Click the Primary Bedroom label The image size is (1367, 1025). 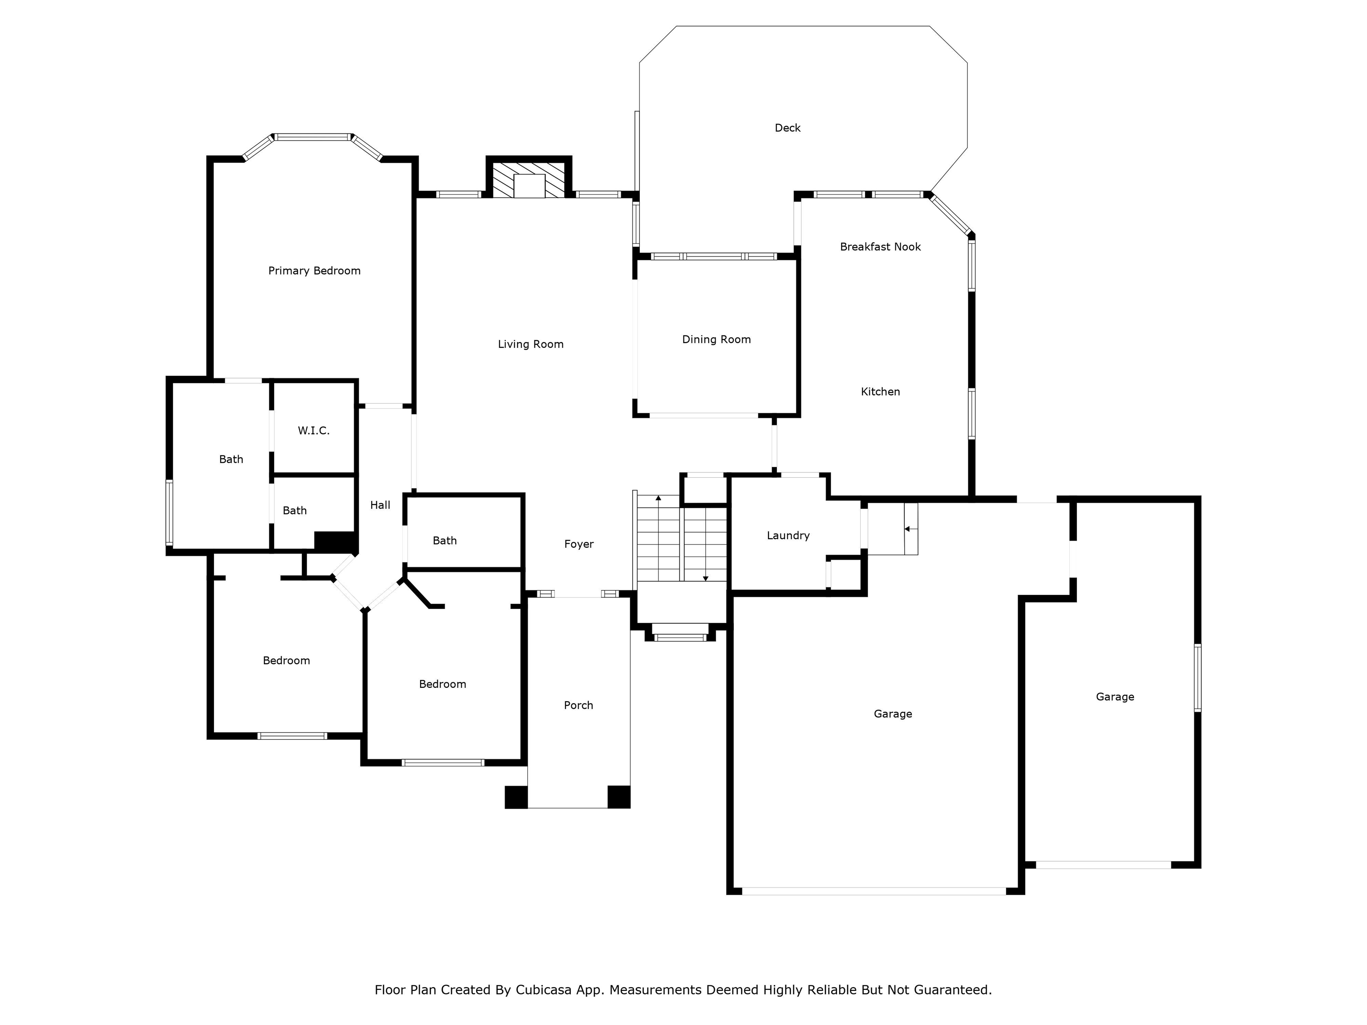click(x=314, y=270)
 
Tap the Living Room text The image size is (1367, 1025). click(x=531, y=344)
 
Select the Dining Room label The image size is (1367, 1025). click(x=716, y=339)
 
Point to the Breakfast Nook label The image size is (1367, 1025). click(x=880, y=246)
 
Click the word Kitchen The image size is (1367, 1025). click(x=880, y=391)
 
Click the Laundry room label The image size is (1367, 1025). click(x=788, y=536)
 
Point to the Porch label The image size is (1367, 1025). click(x=578, y=705)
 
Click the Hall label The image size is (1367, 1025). click(x=380, y=505)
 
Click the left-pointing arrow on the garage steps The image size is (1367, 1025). click(x=910, y=529)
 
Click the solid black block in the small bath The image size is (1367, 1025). click(x=336, y=541)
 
